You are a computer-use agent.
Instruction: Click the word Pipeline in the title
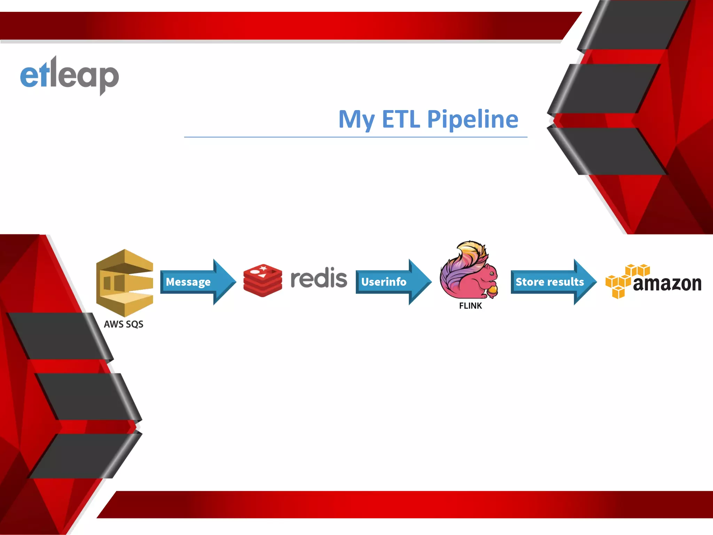[x=472, y=119]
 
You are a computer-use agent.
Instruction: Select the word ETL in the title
[x=401, y=119]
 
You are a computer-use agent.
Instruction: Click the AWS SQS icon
[x=124, y=282]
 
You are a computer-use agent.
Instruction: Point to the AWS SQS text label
[x=124, y=324]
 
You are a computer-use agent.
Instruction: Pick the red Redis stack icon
[x=263, y=280]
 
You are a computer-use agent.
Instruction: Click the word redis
[x=319, y=278]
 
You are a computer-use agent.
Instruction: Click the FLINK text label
[x=470, y=306]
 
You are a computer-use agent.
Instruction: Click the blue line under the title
[x=355, y=137]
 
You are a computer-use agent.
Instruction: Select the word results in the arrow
[x=566, y=282]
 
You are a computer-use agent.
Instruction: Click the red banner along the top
[x=279, y=26]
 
